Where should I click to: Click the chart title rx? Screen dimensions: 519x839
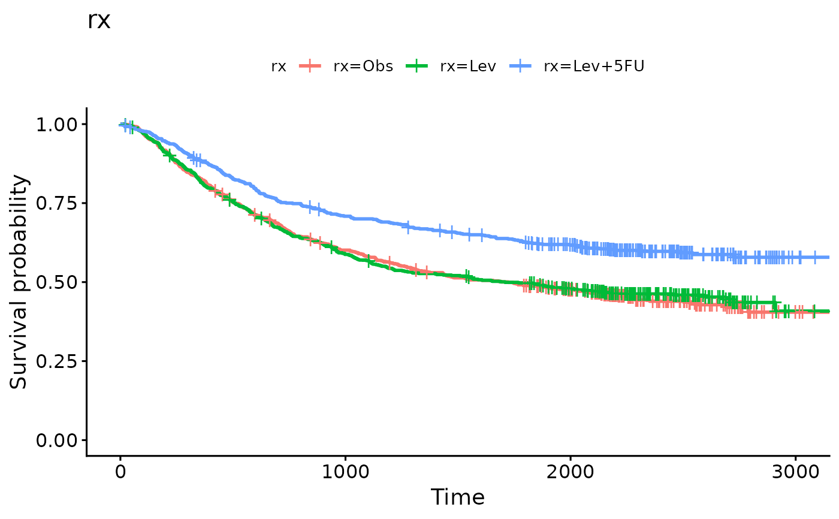tap(99, 21)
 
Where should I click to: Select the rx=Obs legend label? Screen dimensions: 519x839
tap(363, 67)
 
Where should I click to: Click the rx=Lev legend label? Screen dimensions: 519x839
tap(468, 67)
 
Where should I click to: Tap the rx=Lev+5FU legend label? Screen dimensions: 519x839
tap(594, 67)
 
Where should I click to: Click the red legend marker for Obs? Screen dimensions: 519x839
tap(310, 67)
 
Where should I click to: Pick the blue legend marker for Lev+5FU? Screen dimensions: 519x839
tap(521, 67)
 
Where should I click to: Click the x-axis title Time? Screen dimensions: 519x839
tap(458, 497)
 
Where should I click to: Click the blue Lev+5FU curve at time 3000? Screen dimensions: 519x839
tap(795, 257)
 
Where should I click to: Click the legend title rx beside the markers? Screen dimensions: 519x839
tap(279, 67)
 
